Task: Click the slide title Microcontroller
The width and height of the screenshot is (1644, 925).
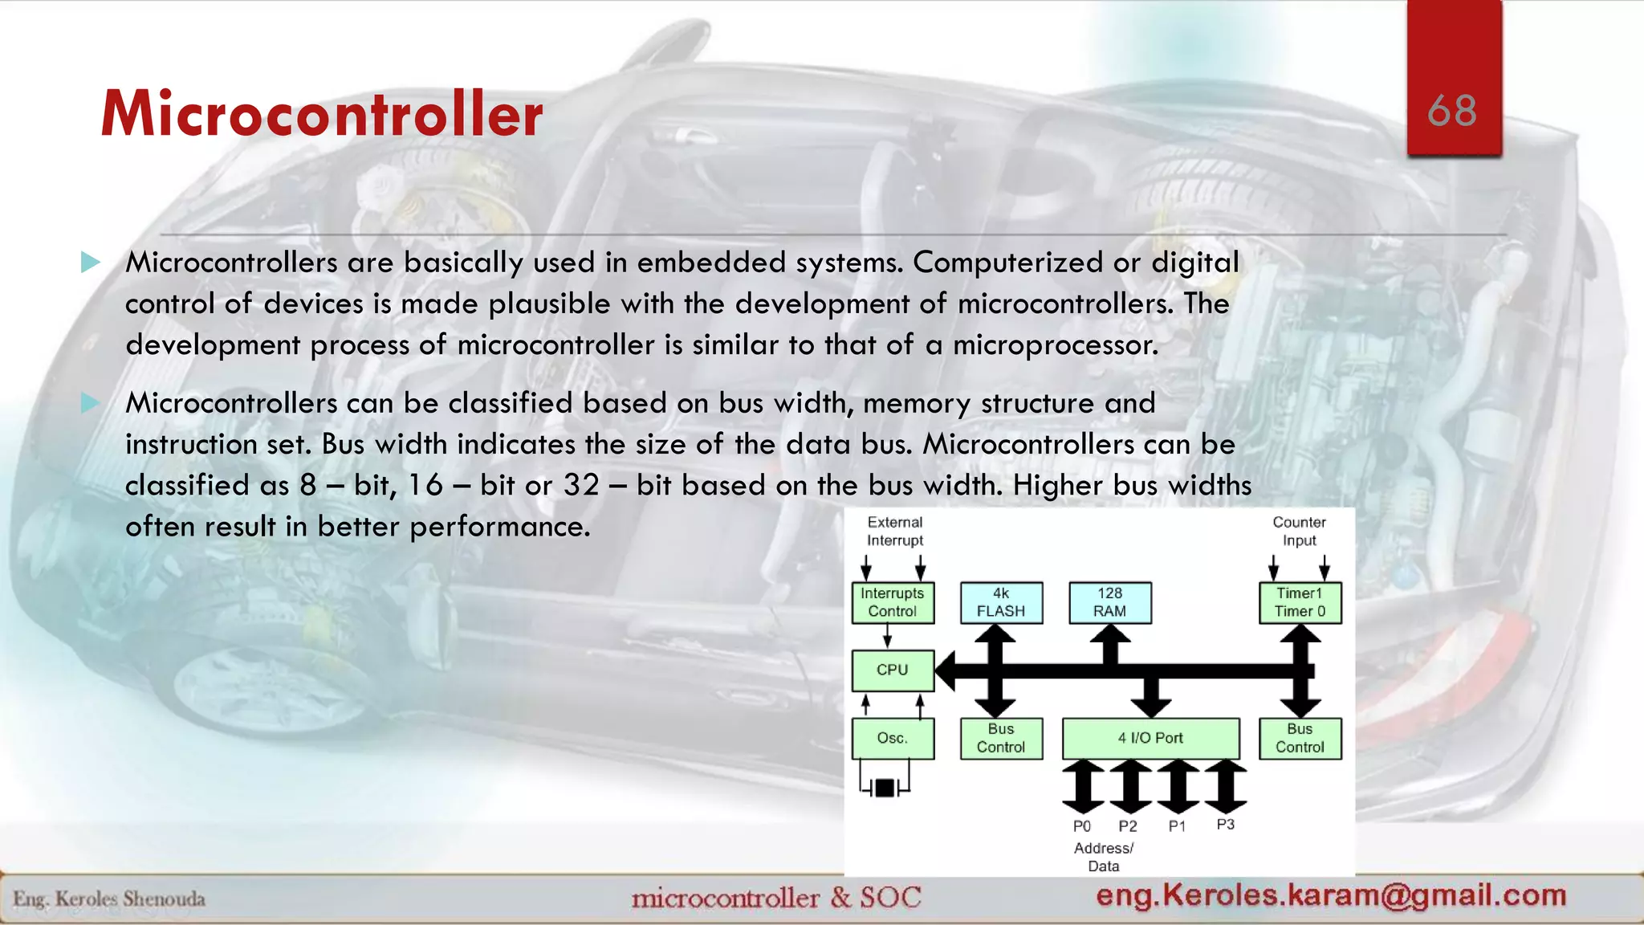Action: (321, 114)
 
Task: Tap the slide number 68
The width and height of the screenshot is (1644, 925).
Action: (1452, 111)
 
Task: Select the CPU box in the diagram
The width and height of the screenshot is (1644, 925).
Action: (893, 670)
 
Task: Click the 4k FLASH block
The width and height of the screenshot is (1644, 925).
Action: (1001, 602)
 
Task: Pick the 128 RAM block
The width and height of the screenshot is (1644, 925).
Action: (1109, 602)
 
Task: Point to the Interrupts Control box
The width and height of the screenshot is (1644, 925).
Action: (893, 602)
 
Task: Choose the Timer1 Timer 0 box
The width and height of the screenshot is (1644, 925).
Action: (1300, 602)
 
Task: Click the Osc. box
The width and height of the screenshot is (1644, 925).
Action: (893, 738)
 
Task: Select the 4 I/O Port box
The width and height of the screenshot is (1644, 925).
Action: (1150, 738)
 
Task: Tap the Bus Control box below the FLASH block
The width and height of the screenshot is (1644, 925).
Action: (1001, 738)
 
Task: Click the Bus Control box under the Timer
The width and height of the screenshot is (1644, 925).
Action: (1300, 738)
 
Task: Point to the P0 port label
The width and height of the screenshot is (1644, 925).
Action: (1082, 826)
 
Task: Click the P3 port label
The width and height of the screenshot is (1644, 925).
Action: (1225, 825)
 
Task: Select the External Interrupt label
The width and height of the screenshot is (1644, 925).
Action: (895, 532)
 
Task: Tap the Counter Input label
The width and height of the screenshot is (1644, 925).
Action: (1299, 532)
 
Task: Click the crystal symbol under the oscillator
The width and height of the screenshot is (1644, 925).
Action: (885, 788)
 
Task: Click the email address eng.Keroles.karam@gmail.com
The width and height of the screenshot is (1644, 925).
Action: (1331, 894)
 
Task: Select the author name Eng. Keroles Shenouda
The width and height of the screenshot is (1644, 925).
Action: (109, 899)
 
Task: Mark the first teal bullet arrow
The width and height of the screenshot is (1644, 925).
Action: (91, 262)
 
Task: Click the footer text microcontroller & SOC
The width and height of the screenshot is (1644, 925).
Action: (776, 897)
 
